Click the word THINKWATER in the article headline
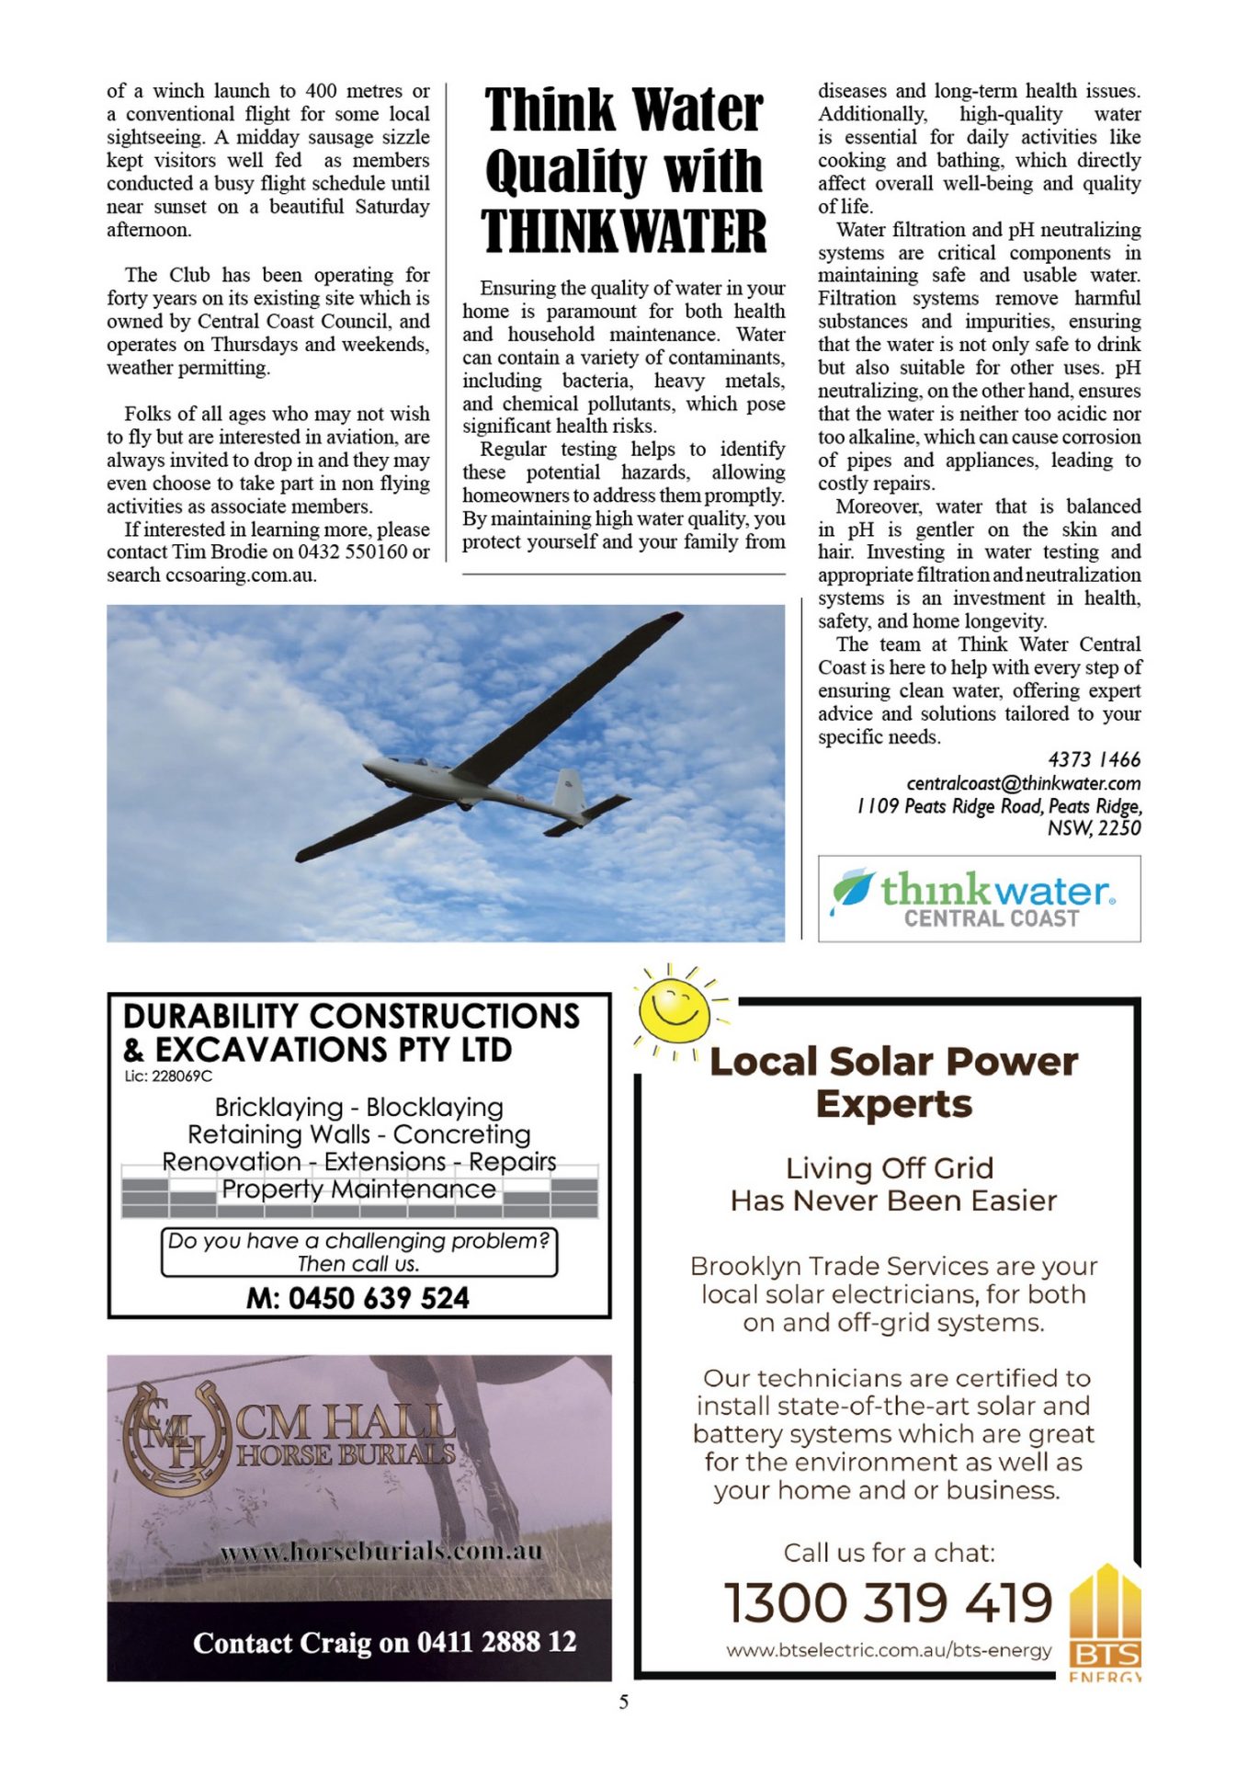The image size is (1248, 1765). pyautogui.click(x=623, y=232)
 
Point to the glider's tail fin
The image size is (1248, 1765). pyautogui.click(x=571, y=791)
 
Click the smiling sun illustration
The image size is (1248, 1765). pyautogui.click(x=675, y=1007)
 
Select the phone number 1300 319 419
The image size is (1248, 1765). pyautogui.click(x=888, y=1602)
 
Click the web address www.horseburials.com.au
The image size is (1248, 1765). pyautogui.click(x=380, y=1552)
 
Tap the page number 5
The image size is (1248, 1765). pyautogui.click(x=624, y=1702)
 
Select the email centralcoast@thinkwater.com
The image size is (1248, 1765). pyautogui.click(x=1023, y=783)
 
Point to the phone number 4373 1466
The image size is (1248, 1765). pyautogui.click(x=1094, y=759)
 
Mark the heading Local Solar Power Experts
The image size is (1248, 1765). pyautogui.click(x=893, y=1082)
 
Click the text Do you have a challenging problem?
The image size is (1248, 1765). pyautogui.click(x=358, y=1241)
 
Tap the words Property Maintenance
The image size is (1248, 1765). pyautogui.click(x=358, y=1190)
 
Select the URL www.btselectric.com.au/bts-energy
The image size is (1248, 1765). pyautogui.click(x=888, y=1650)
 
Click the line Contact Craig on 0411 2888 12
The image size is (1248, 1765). pyautogui.click(x=384, y=1642)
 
